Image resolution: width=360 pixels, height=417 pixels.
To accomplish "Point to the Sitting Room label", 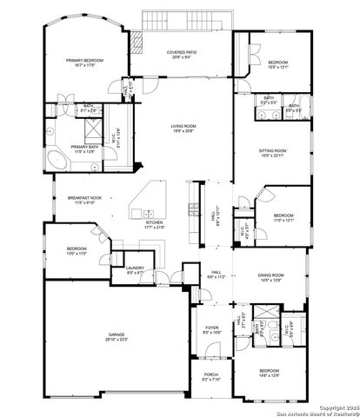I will [x=272, y=153].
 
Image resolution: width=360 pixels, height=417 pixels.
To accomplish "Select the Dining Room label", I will [x=272, y=277].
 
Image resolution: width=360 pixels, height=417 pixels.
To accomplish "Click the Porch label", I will [x=211, y=376].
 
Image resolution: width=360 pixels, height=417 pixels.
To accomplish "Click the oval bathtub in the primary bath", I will [x=58, y=160].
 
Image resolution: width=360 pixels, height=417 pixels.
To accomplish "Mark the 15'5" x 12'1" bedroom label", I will [x=278, y=64].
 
